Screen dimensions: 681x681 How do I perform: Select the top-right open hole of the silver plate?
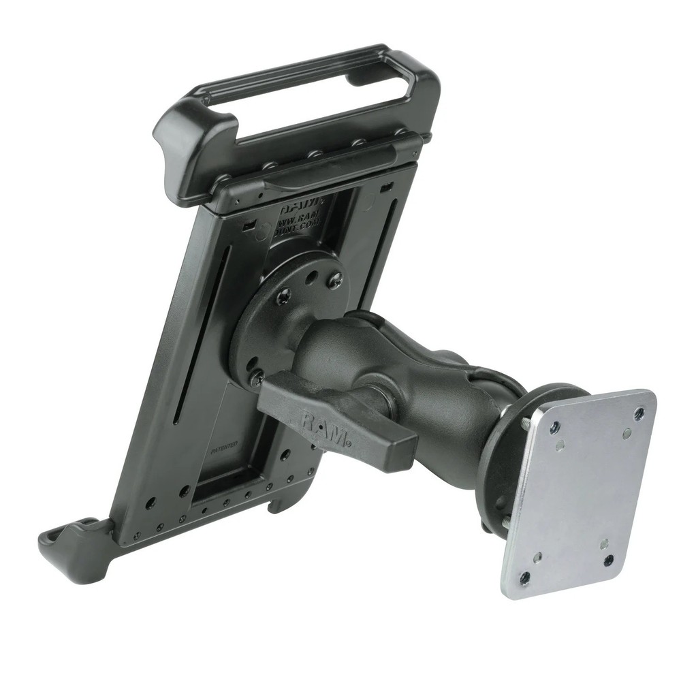point(639,413)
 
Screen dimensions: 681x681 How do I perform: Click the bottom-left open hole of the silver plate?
point(525,577)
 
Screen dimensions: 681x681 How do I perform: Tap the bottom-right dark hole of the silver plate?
point(608,560)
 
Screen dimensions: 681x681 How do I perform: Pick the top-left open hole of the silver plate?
point(556,428)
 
